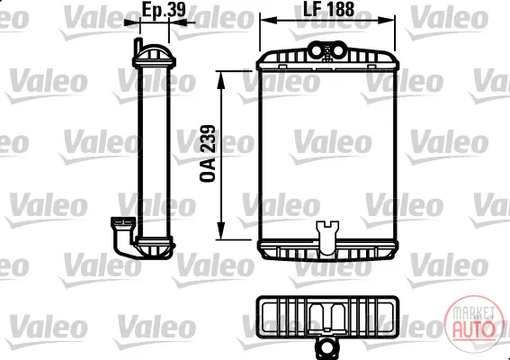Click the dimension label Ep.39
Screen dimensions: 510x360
point(164,10)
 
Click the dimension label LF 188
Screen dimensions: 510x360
point(328,9)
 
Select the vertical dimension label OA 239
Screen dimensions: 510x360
point(208,153)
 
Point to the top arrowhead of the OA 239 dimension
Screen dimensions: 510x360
point(221,80)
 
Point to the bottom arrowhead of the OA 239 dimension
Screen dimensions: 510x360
point(221,230)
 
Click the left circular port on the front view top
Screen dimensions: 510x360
point(317,51)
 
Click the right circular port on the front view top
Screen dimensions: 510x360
point(338,50)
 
